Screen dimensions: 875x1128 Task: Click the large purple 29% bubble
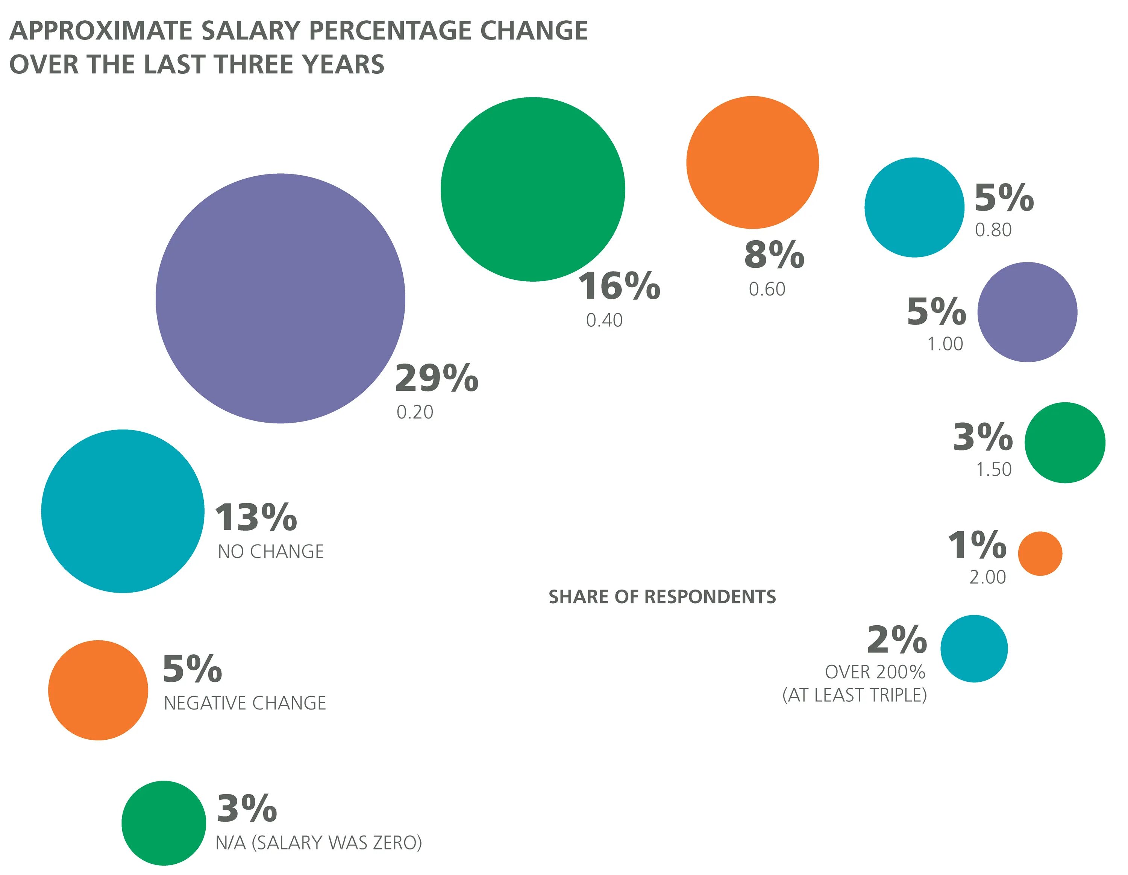[280, 299]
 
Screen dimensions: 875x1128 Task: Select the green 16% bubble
[532, 189]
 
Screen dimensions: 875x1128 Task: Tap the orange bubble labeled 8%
[752, 162]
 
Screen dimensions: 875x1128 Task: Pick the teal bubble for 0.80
[914, 207]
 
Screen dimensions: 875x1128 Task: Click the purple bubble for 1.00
[1027, 312]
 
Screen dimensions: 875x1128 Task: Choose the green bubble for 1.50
[1064, 443]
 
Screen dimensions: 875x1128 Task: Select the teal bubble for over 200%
[973, 649]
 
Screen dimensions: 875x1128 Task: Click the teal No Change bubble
[123, 511]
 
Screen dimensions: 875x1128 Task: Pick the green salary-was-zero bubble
[164, 823]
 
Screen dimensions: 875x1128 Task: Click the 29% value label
[437, 378]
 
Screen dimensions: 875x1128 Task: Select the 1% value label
[977, 546]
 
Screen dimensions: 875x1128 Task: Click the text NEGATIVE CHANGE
[245, 703]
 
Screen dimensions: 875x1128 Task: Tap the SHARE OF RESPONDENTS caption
[662, 597]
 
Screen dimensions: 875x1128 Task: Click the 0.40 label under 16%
[604, 320]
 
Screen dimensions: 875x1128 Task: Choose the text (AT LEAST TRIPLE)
[854, 695]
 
